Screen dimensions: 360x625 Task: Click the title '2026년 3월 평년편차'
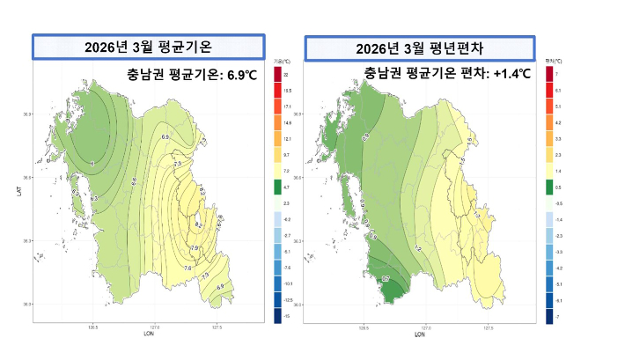tap(419, 48)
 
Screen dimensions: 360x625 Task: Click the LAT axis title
tap(18, 189)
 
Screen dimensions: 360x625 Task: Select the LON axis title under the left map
tap(145, 334)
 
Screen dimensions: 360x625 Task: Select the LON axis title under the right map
tap(419, 334)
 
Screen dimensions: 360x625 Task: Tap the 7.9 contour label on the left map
tap(195, 249)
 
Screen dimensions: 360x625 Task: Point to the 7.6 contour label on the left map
tap(187, 268)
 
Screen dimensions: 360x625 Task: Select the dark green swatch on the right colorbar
tap(549, 187)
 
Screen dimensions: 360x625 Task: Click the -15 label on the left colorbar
tap(287, 314)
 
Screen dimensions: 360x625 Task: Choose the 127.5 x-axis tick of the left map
tap(217, 327)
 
